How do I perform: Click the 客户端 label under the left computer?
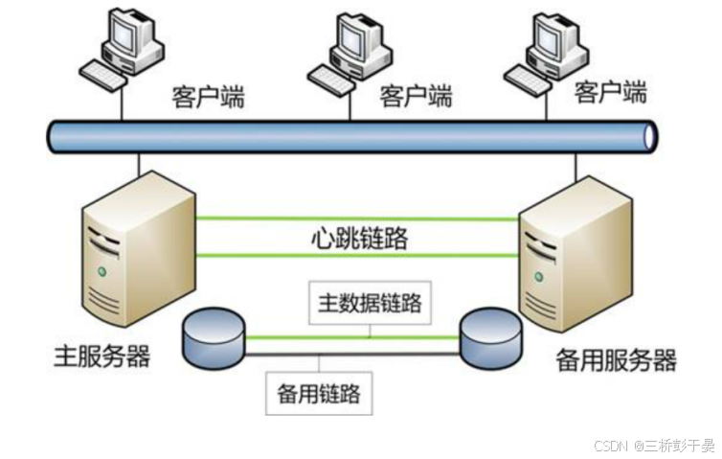click(x=208, y=97)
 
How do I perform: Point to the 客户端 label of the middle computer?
click(x=416, y=96)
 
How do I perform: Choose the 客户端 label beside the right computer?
click(x=611, y=92)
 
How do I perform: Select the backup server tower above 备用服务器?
click(x=575, y=255)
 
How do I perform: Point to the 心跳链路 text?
click(x=359, y=238)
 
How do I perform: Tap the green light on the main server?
click(x=102, y=272)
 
